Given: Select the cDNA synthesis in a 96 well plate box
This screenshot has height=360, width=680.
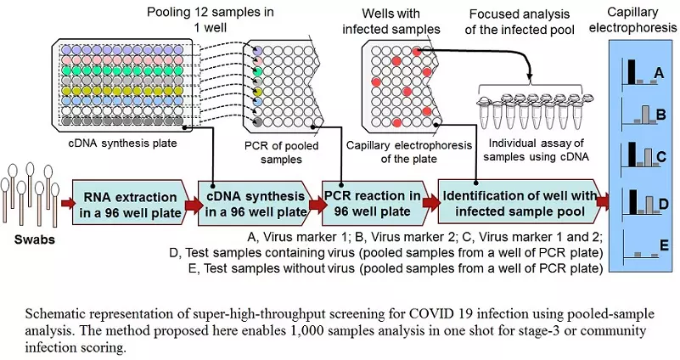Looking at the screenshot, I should tap(253, 202).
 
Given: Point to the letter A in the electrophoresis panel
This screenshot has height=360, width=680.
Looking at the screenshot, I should tap(658, 75).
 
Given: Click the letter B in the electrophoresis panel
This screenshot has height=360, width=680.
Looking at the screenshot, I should tap(659, 114).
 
